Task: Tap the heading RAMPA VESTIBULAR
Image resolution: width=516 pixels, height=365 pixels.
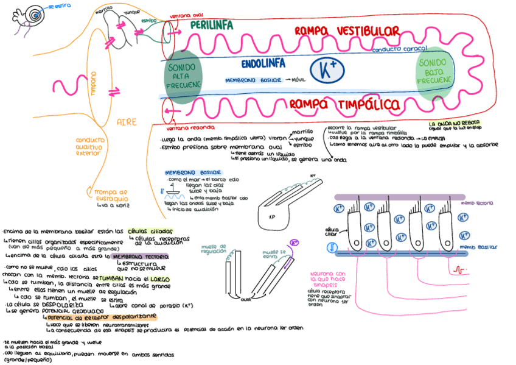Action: coord(347,31)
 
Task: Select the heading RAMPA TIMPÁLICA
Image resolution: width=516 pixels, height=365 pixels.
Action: coord(344,104)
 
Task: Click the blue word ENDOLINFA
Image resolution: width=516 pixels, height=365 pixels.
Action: coord(263,63)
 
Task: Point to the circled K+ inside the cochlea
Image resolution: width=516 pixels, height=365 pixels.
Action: coord(327,70)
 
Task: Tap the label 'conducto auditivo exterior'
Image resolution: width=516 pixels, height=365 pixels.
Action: coord(90,146)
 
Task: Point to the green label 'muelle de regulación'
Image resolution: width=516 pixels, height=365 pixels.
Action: coord(214,248)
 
